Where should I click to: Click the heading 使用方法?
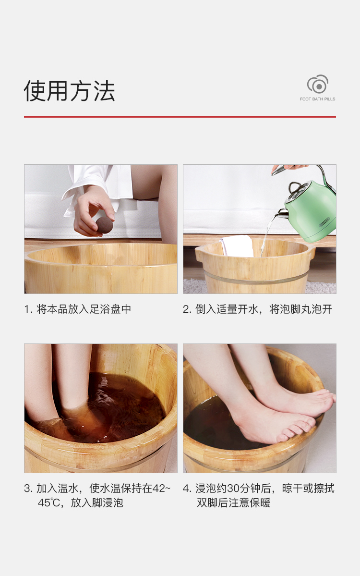[69, 91]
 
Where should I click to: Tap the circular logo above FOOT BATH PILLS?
[318, 84]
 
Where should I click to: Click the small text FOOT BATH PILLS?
[317, 99]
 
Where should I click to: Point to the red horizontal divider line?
[180, 117]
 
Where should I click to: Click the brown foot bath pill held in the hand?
[104, 225]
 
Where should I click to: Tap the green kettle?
[311, 210]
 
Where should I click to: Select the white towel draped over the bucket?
[237, 245]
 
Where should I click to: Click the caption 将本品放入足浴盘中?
[84, 309]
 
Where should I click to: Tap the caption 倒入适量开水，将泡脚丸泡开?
[264, 309]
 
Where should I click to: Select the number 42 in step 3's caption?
[159, 489]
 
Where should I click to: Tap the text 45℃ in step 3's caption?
[49, 502]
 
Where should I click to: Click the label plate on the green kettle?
[324, 222]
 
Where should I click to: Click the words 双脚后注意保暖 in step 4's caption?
[233, 502]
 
